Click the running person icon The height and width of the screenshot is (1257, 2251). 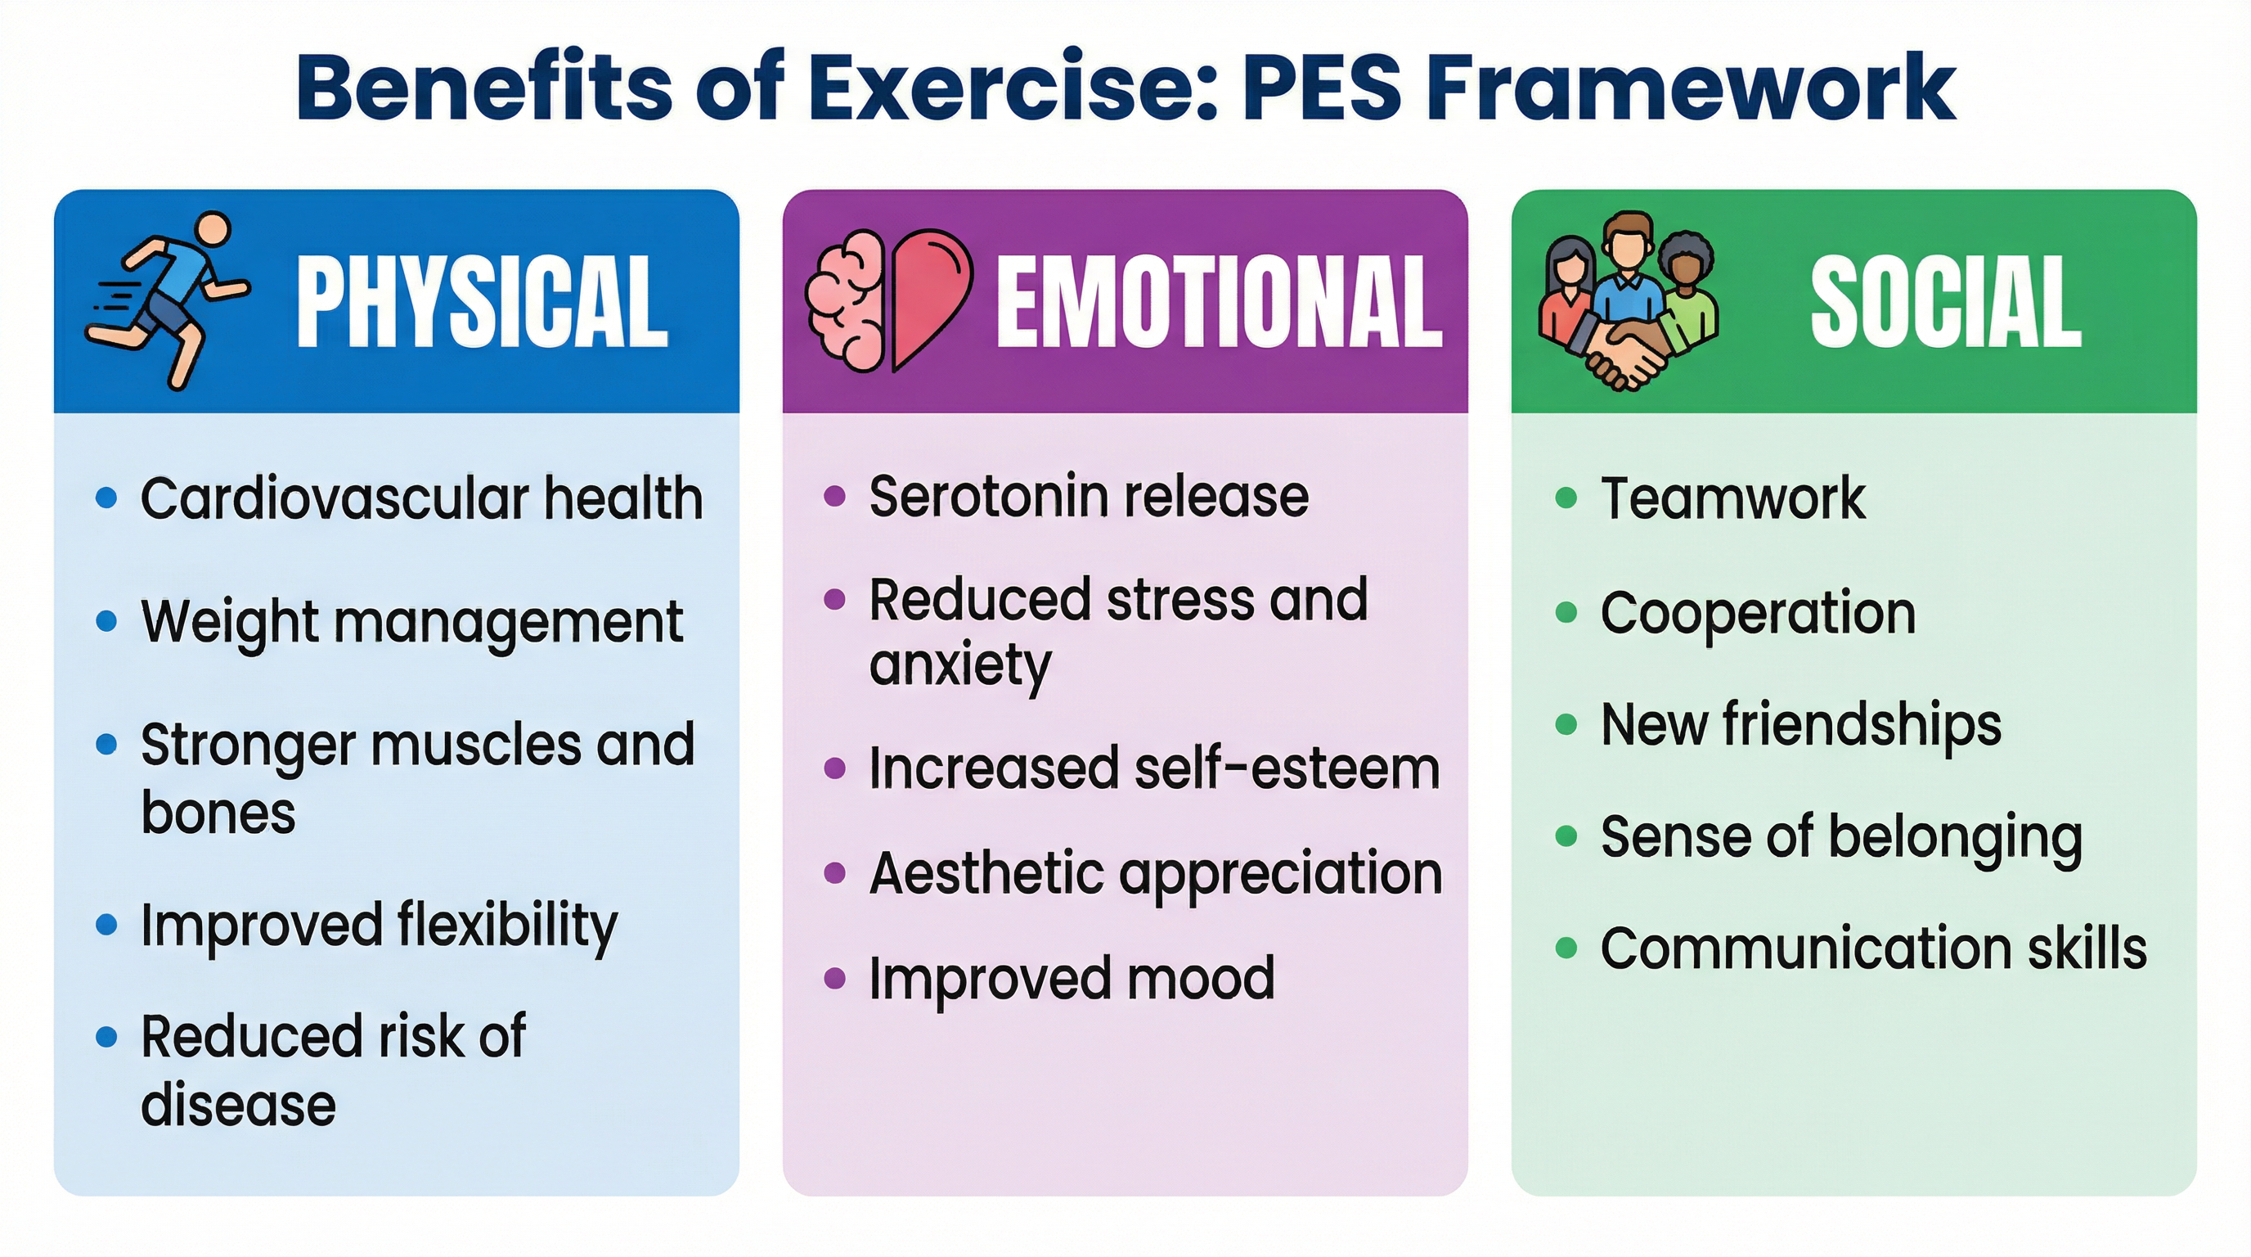pos(166,297)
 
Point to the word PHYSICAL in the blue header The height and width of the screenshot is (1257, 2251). pos(483,303)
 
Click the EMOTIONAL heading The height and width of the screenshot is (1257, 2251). pos(1218,303)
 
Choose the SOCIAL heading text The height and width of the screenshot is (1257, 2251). pos(1945,303)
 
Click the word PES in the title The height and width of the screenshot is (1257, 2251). pos(1321,88)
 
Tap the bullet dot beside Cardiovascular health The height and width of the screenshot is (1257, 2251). pos(106,498)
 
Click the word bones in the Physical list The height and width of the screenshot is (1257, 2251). pos(218,813)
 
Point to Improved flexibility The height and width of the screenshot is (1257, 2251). pos(380,925)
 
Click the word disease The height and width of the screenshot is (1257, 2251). pos(239,1105)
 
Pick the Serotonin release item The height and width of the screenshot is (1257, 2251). pos(1089,497)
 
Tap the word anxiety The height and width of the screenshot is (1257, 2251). pos(959,666)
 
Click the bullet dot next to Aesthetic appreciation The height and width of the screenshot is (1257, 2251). pos(835,872)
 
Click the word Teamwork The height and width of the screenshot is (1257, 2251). pos(1732,498)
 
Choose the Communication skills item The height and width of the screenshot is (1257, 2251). pos(1873,948)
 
